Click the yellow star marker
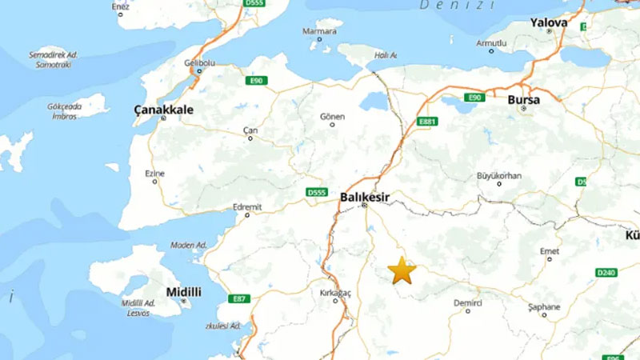(x=402, y=271)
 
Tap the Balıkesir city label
(x=365, y=195)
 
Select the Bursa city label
(x=524, y=100)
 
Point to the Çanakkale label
(x=164, y=107)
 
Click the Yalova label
(x=549, y=23)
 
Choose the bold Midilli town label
(x=183, y=292)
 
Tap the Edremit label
(x=247, y=207)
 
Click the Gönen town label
(x=332, y=117)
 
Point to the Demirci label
(x=468, y=303)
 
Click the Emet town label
(x=550, y=251)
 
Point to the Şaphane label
(x=544, y=306)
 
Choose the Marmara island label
(x=318, y=31)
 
